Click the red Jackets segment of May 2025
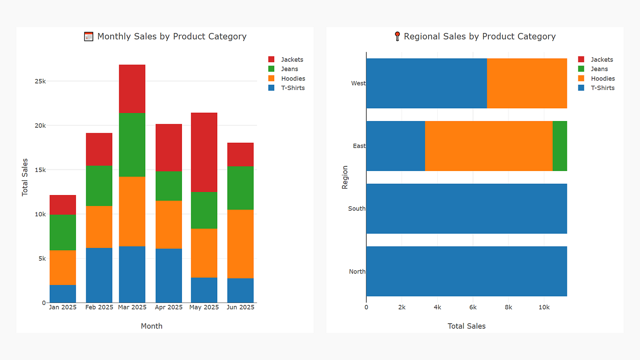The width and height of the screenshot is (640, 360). pyautogui.click(x=204, y=152)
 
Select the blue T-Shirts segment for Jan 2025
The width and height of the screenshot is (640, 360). pyautogui.click(x=63, y=294)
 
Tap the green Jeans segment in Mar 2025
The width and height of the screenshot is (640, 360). pyautogui.click(x=132, y=145)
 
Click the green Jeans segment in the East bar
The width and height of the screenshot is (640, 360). pyautogui.click(x=559, y=146)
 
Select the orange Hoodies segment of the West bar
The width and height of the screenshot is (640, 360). pyautogui.click(x=526, y=83)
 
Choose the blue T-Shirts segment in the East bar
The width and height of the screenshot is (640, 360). pyautogui.click(x=395, y=146)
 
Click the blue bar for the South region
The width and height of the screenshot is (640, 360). pyautogui.click(x=466, y=209)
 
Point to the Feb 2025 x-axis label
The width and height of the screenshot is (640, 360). pyautogui.click(x=99, y=307)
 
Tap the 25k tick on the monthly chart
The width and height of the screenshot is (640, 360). pyautogui.click(x=41, y=81)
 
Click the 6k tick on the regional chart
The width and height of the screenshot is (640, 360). pyautogui.click(x=473, y=307)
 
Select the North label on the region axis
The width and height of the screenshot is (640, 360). pyautogui.click(x=357, y=271)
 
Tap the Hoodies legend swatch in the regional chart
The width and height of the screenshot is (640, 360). pyautogui.click(x=581, y=78)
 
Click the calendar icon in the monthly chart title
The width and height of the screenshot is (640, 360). pyautogui.click(x=89, y=36)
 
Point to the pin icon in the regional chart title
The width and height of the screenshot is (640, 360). pyautogui.click(x=397, y=36)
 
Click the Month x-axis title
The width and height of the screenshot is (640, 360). pyautogui.click(x=151, y=326)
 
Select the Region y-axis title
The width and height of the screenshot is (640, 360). pyautogui.click(x=345, y=177)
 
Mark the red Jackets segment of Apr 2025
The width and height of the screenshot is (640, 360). pyautogui.click(x=169, y=147)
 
